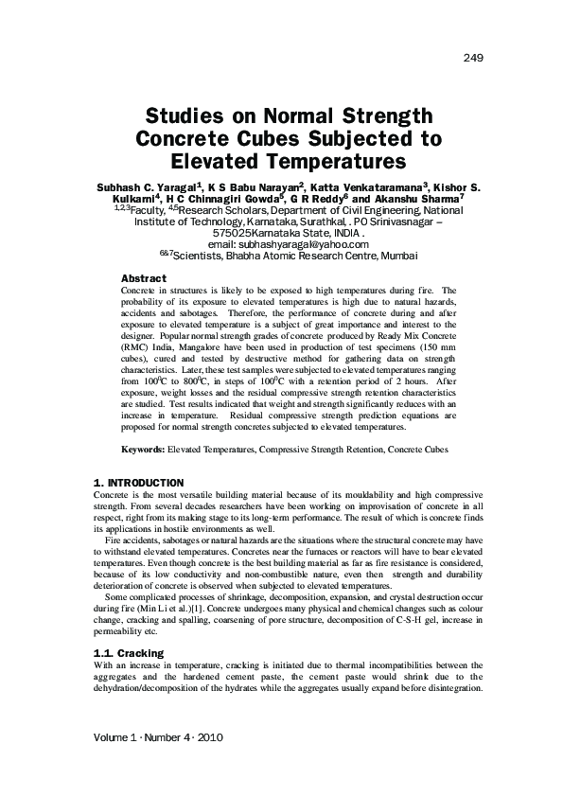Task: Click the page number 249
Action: click(x=473, y=59)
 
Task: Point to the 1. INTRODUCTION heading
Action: click(x=140, y=483)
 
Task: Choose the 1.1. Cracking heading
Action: click(x=130, y=653)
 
